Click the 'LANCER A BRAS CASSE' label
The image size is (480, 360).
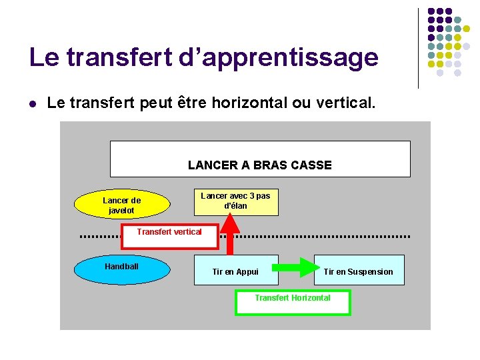tap(259, 165)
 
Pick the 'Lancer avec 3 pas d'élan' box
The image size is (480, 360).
tap(235, 201)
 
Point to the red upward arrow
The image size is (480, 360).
tap(230, 234)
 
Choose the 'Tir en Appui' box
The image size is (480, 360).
tap(235, 271)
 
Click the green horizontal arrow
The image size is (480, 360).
tap(296, 267)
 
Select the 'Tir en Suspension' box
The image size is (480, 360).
tap(359, 271)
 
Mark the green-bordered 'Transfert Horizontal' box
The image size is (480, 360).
tap(292, 302)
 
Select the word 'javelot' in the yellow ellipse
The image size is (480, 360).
tap(121, 211)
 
